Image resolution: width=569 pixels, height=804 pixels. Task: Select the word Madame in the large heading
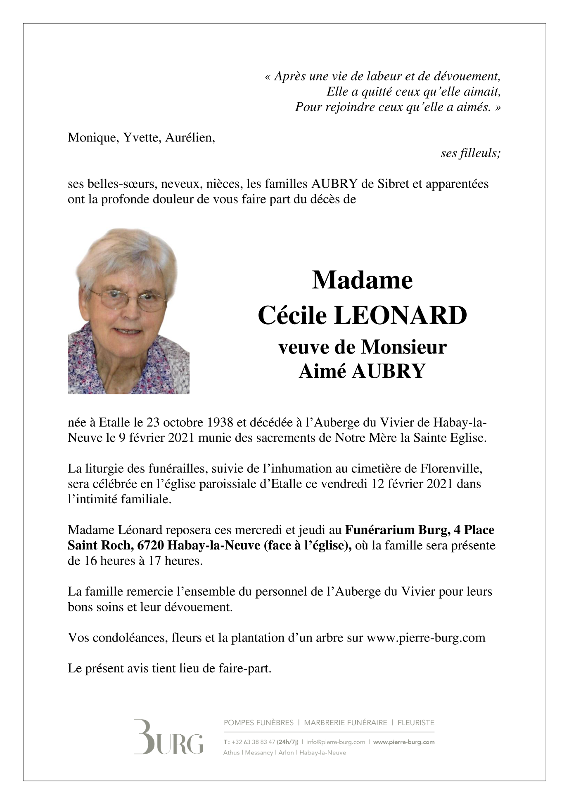coord(362,280)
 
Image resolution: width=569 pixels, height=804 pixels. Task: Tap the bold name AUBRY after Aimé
coord(388,371)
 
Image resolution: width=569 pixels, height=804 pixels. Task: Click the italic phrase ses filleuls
coord(470,153)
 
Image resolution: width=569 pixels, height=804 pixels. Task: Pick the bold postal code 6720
coord(151,545)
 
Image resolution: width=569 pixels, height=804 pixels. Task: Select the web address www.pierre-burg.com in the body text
coord(426,638)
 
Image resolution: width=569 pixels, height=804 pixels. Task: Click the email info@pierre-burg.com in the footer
coord(336,742)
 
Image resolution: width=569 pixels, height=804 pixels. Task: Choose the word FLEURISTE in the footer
coord(416,722)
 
